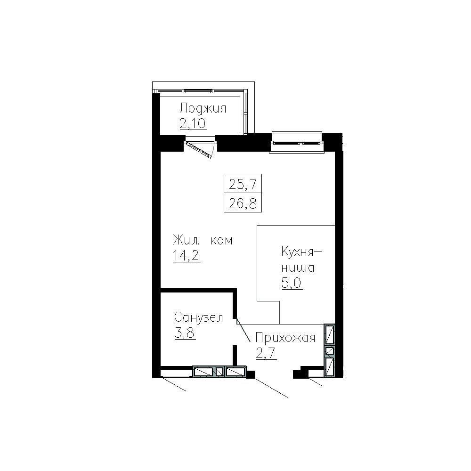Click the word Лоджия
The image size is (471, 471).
pos(203,109)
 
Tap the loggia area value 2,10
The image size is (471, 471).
pos(193,124)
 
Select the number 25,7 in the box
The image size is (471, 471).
pos(242,183)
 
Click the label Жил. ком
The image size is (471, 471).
pos(203,241)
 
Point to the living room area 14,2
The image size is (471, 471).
pos(186,256)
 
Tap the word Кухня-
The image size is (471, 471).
pos(301,252)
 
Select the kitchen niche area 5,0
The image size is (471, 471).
pos(292,284)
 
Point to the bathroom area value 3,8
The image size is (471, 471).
pos(185,333)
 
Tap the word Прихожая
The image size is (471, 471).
pos(284,338)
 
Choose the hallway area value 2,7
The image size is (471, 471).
pos(266,353)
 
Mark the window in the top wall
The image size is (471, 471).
pos(297,142)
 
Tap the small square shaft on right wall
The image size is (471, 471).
pos(330,350)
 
